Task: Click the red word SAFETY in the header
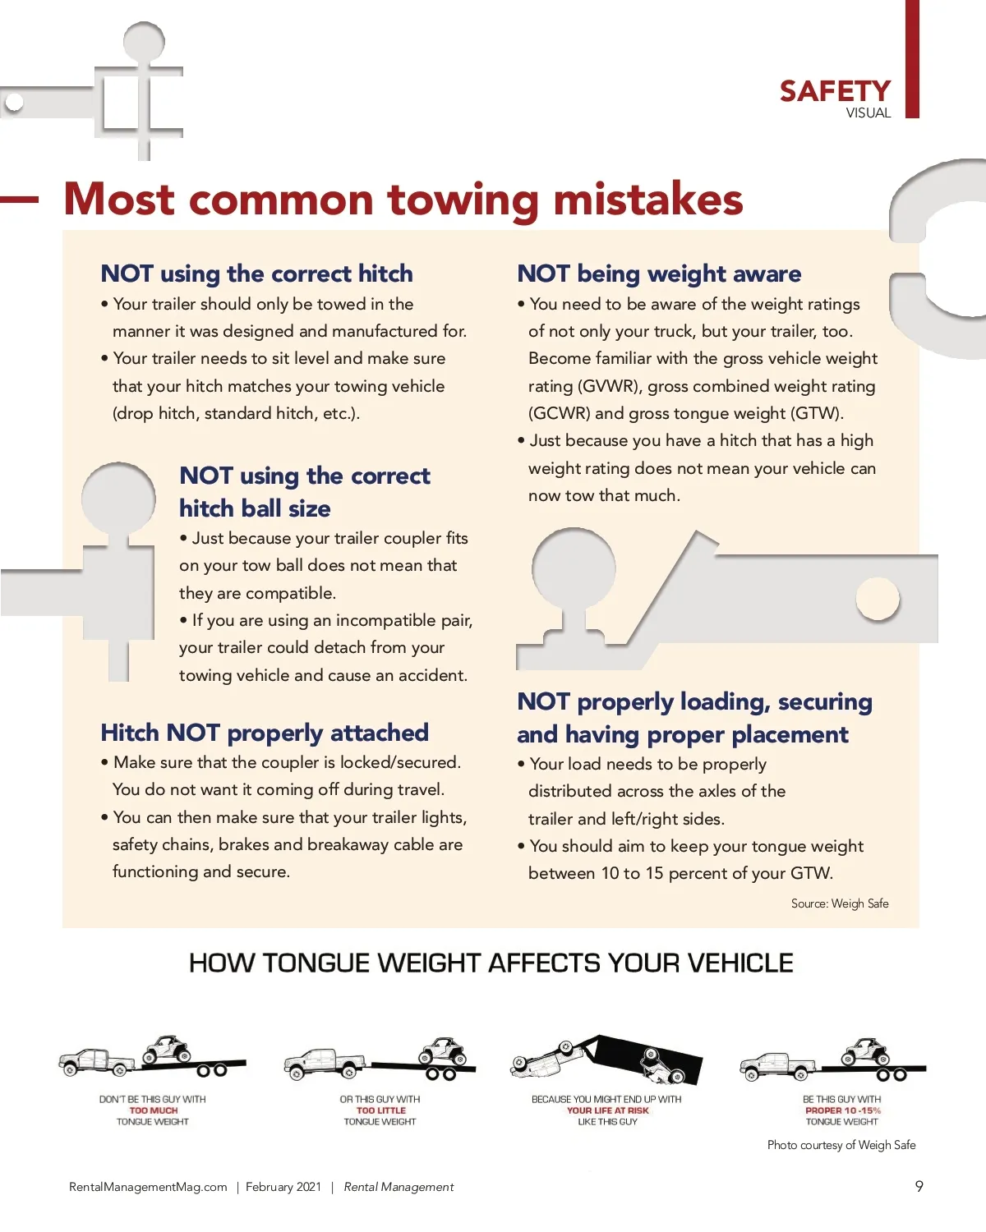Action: point(835,92)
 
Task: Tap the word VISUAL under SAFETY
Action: point(868,113)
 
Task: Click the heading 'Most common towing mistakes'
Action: point(403,200)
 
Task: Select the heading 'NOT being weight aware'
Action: point(659,274)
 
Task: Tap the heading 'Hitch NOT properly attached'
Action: point(265,733)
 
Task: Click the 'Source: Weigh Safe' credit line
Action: point(839,903)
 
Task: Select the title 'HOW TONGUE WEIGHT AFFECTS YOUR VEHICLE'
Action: point(491,963)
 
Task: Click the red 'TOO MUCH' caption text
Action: point(154,1110)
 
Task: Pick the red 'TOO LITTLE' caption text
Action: point(381,1110)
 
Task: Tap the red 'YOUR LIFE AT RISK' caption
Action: point(608,1110)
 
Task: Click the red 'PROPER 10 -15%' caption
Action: point(843,1110)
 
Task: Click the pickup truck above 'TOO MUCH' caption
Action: point(98,1063)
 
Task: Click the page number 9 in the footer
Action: point(919,1186)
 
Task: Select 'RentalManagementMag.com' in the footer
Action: point(148,1187)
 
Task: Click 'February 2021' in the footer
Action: point(283,1187)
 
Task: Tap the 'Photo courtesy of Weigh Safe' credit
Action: point(841,1144)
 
